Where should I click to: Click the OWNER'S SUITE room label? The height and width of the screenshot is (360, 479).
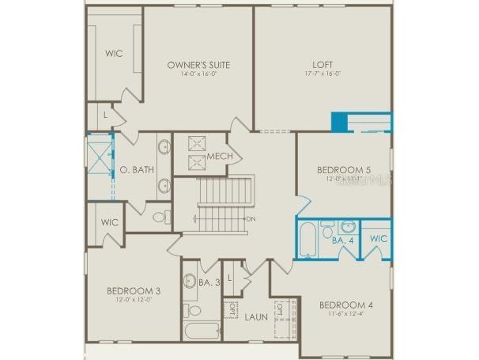198,65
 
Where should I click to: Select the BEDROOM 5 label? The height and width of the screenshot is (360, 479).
344,169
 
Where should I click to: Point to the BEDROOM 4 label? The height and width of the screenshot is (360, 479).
346,305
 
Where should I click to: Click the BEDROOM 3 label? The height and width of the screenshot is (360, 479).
134,290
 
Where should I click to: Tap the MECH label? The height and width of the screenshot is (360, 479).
220,156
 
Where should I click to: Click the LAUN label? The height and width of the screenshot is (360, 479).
255,317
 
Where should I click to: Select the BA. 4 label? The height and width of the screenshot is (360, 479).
342,238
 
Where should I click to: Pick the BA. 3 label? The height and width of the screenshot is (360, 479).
209,282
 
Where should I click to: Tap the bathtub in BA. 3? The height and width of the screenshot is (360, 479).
201,331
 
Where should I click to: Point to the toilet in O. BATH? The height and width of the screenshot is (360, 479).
159,215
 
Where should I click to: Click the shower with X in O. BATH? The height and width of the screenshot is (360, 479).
100,157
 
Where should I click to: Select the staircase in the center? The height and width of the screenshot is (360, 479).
223,204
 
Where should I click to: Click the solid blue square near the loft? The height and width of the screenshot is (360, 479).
339,123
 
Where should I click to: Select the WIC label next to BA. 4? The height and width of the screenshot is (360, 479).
379,238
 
